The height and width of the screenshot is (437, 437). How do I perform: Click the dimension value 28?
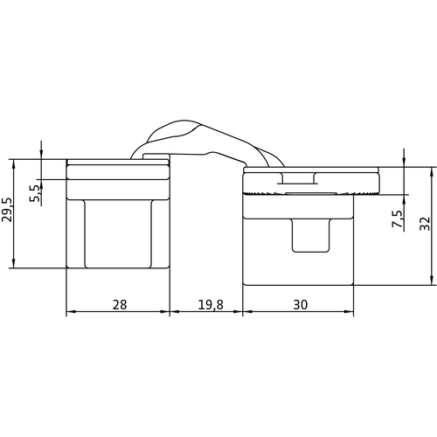(120, 305)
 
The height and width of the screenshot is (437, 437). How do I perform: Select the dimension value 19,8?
(211, 305)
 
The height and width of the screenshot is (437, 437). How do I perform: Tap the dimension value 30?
(301, 305)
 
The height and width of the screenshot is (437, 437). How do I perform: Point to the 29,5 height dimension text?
(7, 210)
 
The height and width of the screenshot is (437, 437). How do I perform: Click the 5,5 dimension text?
(35, 193)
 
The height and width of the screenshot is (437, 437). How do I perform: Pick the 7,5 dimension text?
(397, 218)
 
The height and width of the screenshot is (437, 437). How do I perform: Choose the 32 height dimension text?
(425, 224)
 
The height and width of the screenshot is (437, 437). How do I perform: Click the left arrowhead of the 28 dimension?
(71, 311)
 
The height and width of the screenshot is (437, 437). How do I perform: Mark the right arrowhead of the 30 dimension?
(349, 311)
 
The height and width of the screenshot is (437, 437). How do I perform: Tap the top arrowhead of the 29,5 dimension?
(13, 164)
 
